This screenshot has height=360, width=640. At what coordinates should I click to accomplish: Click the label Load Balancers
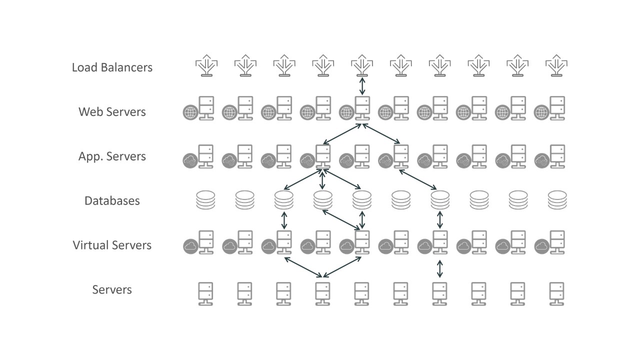112,67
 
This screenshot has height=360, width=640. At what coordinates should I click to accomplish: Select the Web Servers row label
112,111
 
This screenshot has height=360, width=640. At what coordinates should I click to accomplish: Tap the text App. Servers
112,156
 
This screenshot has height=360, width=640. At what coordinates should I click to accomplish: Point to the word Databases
112,200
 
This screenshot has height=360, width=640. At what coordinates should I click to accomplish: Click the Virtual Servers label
112,245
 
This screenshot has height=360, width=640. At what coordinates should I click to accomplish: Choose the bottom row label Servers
112,289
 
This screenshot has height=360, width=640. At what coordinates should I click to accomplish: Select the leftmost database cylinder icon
206,200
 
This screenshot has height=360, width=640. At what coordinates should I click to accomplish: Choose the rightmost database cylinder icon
556,200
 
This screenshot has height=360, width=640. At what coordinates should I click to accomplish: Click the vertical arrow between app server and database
322,179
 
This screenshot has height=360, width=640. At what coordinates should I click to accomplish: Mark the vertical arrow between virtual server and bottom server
439,268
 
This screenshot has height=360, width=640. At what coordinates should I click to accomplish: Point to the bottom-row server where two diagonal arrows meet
322,293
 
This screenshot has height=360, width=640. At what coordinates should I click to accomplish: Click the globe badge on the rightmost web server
541,112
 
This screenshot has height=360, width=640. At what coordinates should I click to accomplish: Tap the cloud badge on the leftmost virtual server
190,246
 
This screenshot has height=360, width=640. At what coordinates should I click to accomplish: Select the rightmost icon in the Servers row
556,293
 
